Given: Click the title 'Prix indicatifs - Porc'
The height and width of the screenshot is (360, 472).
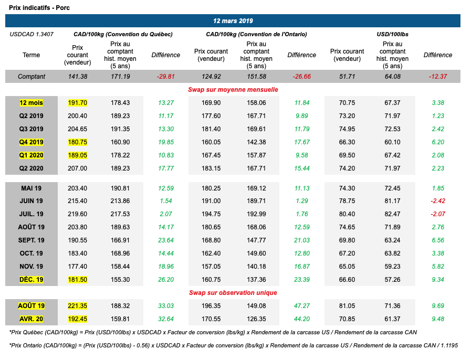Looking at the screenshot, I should (x=39, y=8).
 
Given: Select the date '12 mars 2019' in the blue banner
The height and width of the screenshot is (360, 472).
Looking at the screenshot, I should (x=233, y=21).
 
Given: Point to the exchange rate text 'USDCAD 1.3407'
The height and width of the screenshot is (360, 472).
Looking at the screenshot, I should (x=32, y=34).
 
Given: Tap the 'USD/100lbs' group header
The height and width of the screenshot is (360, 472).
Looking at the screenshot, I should (x=392, y=34).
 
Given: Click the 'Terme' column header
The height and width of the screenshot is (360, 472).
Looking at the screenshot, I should (x=32, y=55).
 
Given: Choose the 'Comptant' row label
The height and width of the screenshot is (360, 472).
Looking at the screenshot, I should (x=32, y=77).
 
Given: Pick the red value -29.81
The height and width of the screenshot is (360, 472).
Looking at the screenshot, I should (x=165, y=77).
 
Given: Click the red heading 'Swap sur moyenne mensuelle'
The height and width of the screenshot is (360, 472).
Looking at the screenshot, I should (x=233, y=90).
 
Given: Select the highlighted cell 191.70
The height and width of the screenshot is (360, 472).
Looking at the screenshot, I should (x=78, y=103).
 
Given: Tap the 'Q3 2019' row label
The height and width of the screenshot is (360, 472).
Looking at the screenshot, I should (x=32, y=129).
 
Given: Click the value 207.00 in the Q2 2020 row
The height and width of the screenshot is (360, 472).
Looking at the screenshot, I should (x=78, y=168).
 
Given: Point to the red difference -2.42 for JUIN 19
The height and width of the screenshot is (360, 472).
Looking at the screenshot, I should (x=437, y=201).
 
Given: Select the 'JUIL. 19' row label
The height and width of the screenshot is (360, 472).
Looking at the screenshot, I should (x=32, y=214).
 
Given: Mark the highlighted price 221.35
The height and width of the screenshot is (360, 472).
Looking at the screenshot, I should (x=78, y=305).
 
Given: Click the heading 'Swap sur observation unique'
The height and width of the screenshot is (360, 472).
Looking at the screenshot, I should (x=233, y=292).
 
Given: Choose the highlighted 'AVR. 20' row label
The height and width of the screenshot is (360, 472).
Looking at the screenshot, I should (x=32, y=319).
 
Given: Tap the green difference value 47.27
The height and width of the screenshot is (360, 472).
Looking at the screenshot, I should (x=301, y=305).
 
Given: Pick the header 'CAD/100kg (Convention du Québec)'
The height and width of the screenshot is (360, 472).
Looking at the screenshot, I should (x=123, y=34).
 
